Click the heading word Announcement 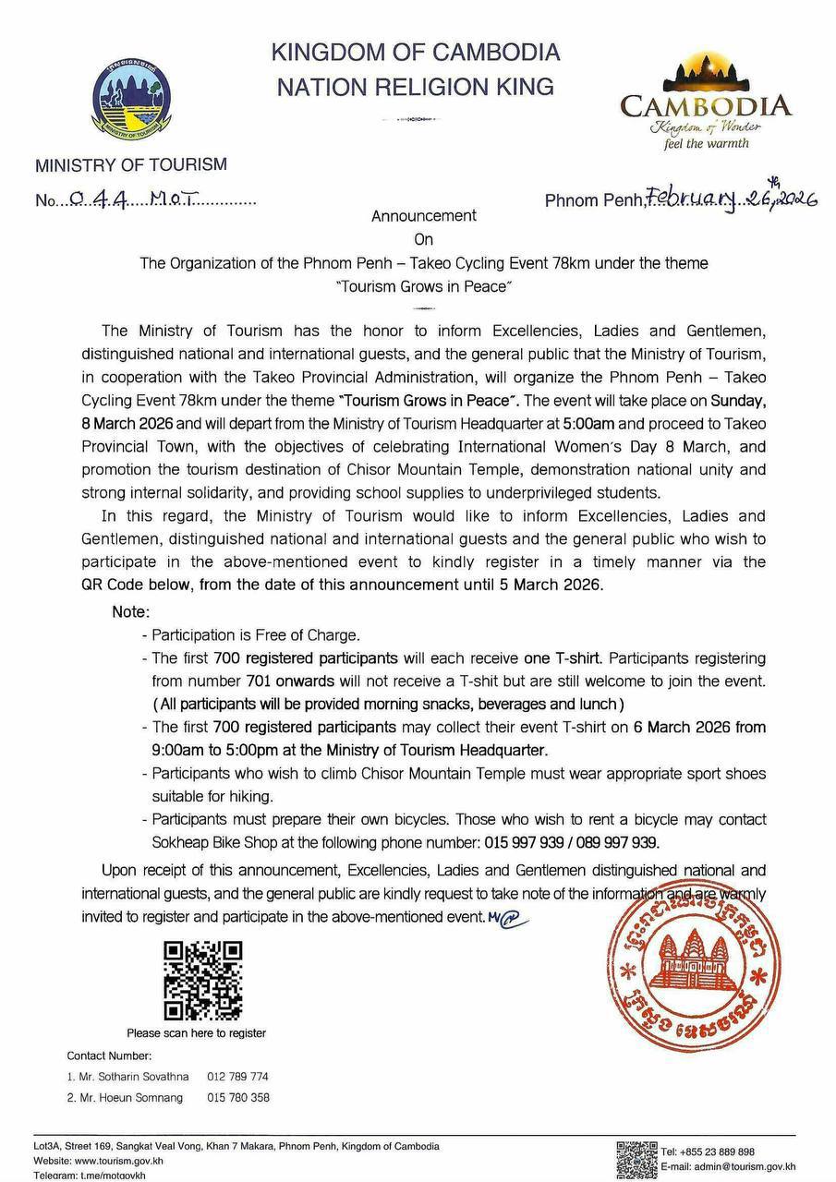[x=423, y=216]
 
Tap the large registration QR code [x=202, y=980]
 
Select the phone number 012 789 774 [x=238, y=1077]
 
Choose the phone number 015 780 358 [x=238, y=1098]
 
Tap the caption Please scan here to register [x=197, y=1033]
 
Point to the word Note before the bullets [x=130, y=612]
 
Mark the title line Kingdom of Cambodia [x=416, y=52]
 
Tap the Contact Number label [x=109, y=1055]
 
